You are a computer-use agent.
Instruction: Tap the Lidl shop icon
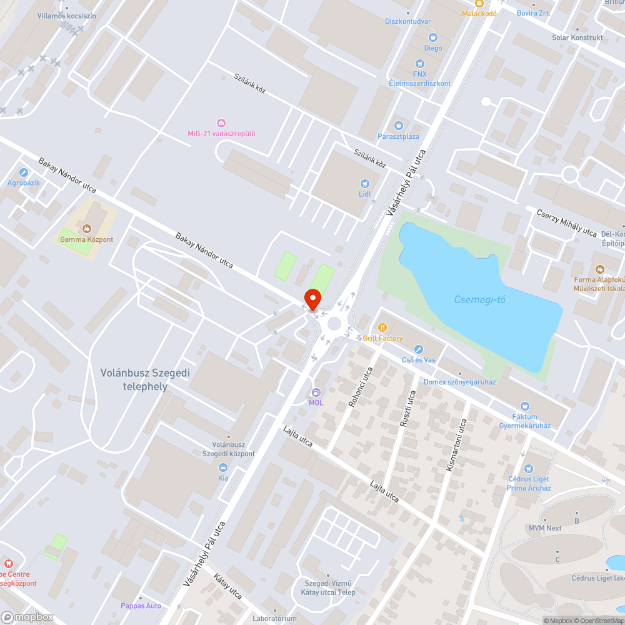(x=365, y=183)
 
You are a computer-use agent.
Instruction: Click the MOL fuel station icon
(x=316, y=392)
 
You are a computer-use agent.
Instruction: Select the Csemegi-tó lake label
(x=479, y=300)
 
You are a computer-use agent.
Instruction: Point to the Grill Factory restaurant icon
(x=382, y=327)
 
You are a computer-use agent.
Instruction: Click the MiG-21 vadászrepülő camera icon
(x=221, y=123)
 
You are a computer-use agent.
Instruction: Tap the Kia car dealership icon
(x=223, y=467)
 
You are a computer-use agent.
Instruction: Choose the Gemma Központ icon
(x=86, y=229)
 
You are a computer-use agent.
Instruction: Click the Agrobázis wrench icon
(x=24, y=172)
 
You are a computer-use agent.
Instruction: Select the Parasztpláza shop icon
(x=398, y=126)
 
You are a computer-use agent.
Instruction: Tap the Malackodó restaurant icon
(x=479, y=3)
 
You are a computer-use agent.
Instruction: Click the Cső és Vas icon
(x=419, y=349)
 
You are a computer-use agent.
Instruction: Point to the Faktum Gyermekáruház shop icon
(x=524, y=406)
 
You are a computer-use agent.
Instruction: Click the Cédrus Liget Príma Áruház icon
(x=528, y=468)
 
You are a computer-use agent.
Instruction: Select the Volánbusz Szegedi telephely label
(x=145, y=379)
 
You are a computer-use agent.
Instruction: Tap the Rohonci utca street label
(x=361, y=387)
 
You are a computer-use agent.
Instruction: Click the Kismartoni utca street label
(x=457, y=444)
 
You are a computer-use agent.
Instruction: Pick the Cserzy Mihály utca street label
(x=567, y=223)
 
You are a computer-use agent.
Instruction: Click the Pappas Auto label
(x=141, y=606)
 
